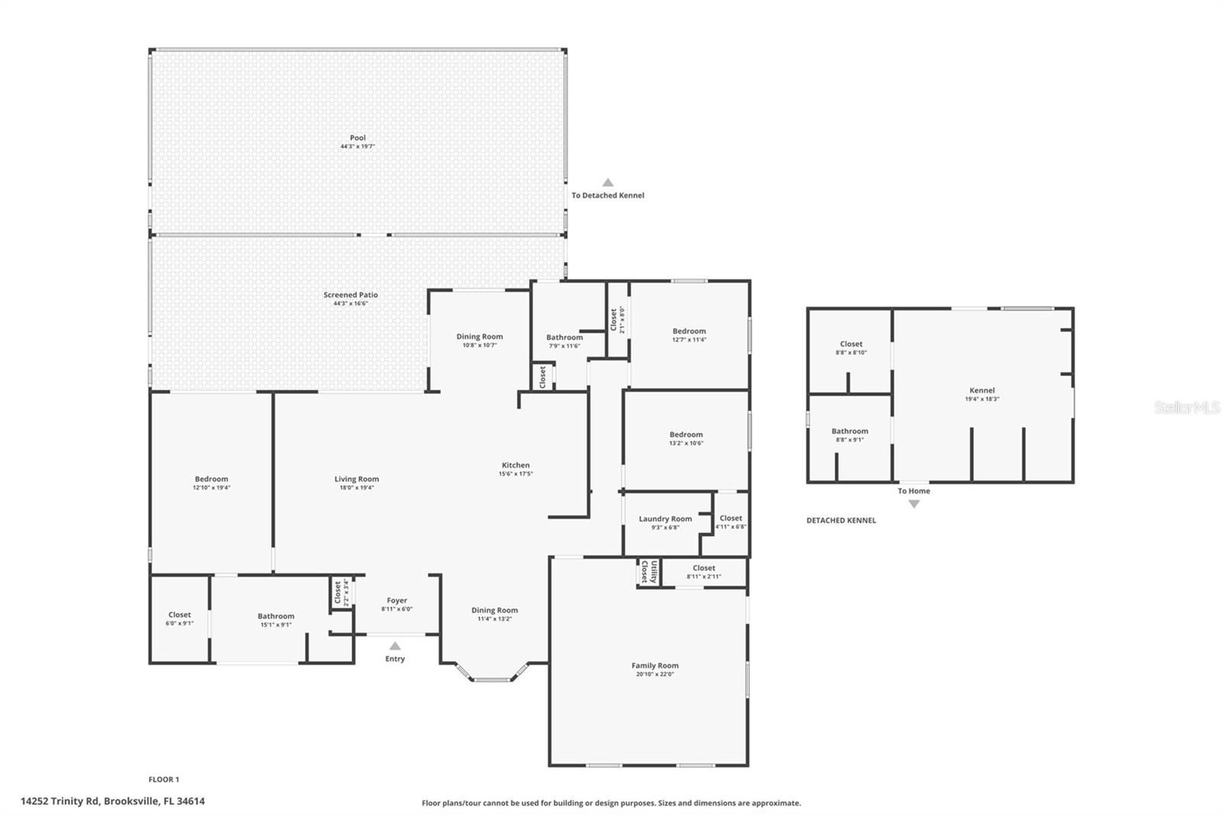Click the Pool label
(x=358, y=138)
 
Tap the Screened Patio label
(x=351, y=295)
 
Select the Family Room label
(x=655, y=666)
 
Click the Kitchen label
(x=516, y=465)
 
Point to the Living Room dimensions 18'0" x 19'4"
(x=357, y=488)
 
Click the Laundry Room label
(x=665, y=519)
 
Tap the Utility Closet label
(x=649, y=572)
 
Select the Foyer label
(x=397, y=601)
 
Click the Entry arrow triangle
(x=395, y=646)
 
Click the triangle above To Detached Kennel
(x=608, y=183)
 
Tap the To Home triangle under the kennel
(x=913, y=504)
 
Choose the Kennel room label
(x=982, y=391)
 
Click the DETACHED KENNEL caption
(x=841, y=521)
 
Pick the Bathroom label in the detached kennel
(x=850, y=431)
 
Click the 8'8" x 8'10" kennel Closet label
(x=851, y=344)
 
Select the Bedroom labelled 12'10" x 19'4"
(x=211, y=479)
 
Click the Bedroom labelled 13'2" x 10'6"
(x=686, y=434)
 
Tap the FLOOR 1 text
(x=164, y=780)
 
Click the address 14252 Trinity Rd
(x=112, y=802)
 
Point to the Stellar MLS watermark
(x=1186, y=408)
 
